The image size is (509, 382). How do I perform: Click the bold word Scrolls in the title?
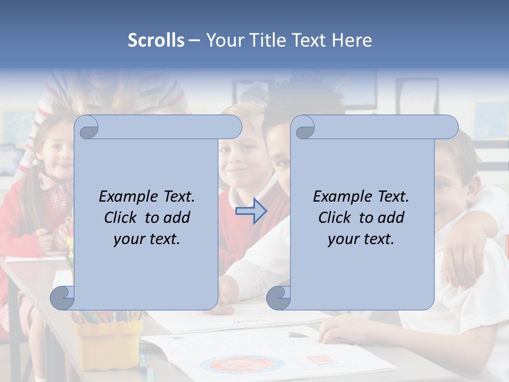156,40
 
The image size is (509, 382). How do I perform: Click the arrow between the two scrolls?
251,211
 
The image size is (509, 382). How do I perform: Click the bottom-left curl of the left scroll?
63,298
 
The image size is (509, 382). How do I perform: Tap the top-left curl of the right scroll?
304,128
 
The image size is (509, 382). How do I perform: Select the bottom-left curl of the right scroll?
278,298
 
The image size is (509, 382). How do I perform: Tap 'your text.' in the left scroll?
147,239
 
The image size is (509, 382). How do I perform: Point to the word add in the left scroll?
178,218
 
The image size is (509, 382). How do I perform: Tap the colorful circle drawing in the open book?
242,364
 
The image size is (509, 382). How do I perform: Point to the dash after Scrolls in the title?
194,40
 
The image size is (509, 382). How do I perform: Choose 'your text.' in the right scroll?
361,239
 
